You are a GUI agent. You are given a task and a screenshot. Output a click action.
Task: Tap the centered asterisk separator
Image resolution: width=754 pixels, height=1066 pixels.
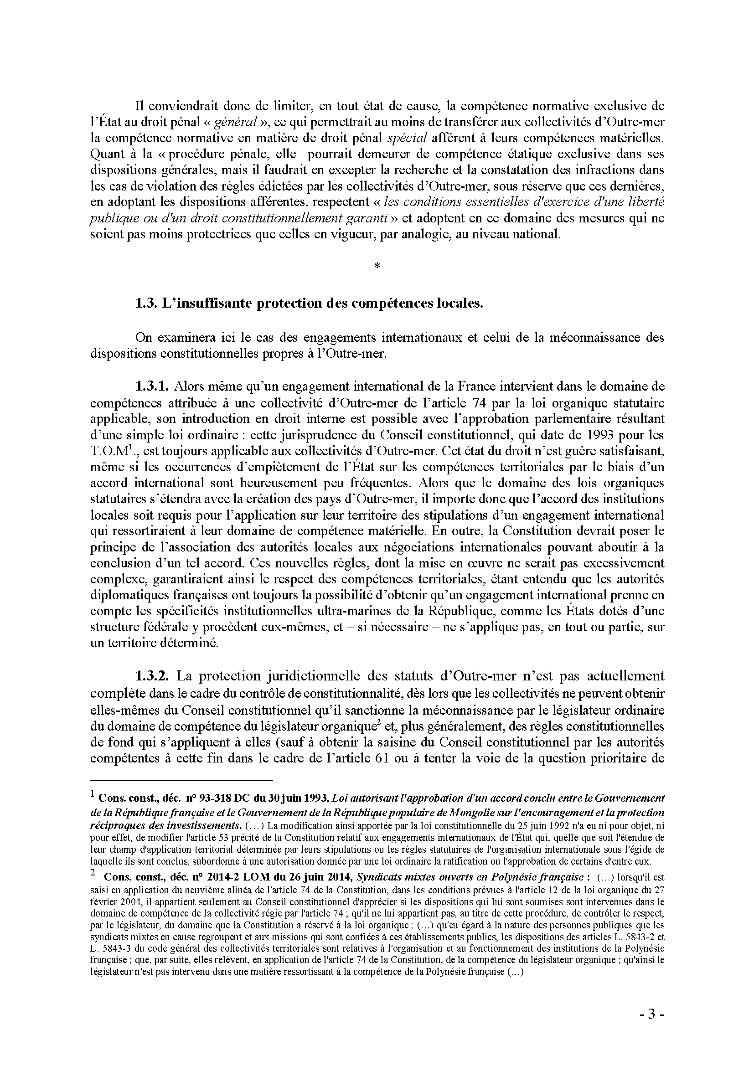(x=377, y=266)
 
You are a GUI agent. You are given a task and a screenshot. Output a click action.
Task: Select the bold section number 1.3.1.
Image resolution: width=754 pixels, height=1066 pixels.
(x=154, y=386)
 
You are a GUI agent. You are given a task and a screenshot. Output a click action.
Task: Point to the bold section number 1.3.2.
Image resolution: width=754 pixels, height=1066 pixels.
(x=155, y=675)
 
